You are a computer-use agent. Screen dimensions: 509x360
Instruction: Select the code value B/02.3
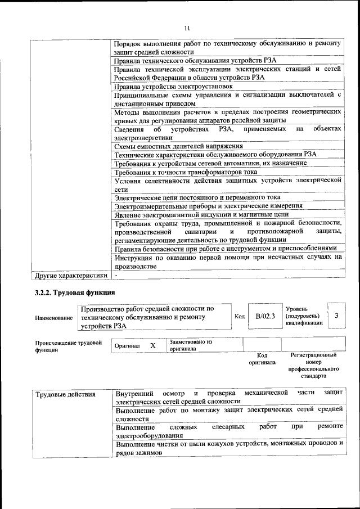point(264,316)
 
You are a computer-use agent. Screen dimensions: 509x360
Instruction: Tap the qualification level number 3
point(336,316)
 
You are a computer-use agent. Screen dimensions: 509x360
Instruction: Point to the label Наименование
point(53,318)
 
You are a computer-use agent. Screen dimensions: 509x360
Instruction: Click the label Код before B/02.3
point(238,317)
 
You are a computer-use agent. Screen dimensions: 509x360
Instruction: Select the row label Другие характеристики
point(70,276)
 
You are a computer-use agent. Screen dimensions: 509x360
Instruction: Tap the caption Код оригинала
point(262,359)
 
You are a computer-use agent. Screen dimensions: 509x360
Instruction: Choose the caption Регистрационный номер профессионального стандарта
point(313,366)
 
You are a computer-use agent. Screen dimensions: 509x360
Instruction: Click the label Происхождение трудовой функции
point(68,345)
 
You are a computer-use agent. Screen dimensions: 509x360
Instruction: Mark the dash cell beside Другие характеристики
point(116,276)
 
